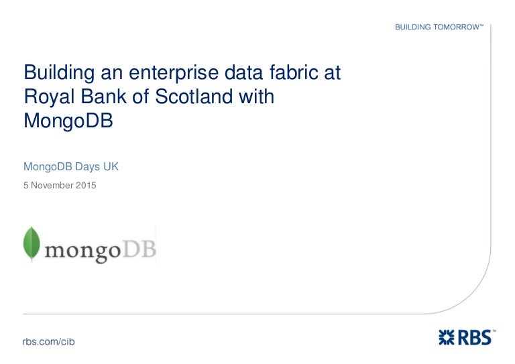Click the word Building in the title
tap(59, 73)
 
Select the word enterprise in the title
tap(174, 74)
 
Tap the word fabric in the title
tap(294, 72)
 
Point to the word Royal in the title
tap(49, 97)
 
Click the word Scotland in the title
tap(194, 97)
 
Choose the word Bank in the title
tap(103, 97)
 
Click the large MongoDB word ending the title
tap(68, 121)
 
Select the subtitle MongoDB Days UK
tap(71, 167)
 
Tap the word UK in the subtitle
tap(111, 166)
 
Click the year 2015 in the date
tap(86, 185)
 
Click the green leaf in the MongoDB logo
tap(32, 244)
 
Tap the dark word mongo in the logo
tap(82, 252)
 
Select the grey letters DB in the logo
tap(139, 249)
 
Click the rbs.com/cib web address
tap(48, 342)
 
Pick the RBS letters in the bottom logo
tap(474, 338)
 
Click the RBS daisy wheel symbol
tap(447, 338)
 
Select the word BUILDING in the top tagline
tap(413, 27)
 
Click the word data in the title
tap(243, 72)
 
